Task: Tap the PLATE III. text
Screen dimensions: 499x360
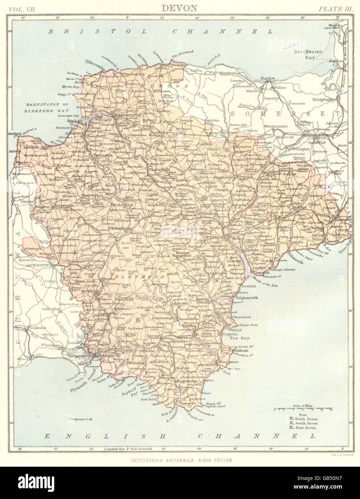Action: (x=332, y=8)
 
